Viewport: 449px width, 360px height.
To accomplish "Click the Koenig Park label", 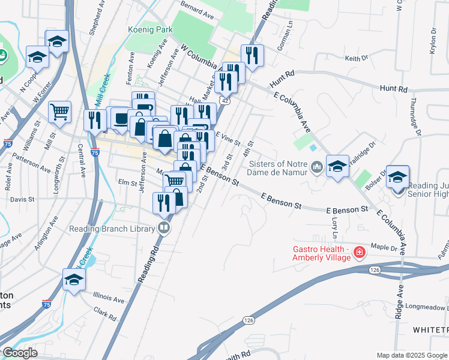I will point(150,29).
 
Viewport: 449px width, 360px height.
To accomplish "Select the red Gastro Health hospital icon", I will point(360,253).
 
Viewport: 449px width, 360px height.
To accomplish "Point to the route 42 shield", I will point(223,101).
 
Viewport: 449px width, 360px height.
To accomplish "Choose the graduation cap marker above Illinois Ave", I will point(74,280).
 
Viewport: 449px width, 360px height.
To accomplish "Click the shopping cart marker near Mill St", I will point(59,112).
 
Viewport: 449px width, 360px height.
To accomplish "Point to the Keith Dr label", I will point(355,58).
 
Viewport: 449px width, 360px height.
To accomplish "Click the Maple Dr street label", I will point(384,247).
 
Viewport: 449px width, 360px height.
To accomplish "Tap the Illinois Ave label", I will point(109,298).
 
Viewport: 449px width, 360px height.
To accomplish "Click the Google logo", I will point(20,352).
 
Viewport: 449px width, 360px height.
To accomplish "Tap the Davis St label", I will point(22,199).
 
